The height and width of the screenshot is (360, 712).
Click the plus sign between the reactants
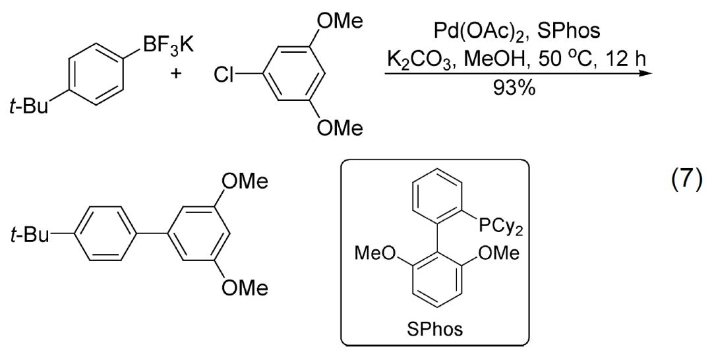(175, 73)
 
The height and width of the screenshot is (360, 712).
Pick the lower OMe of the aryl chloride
(340, 129)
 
